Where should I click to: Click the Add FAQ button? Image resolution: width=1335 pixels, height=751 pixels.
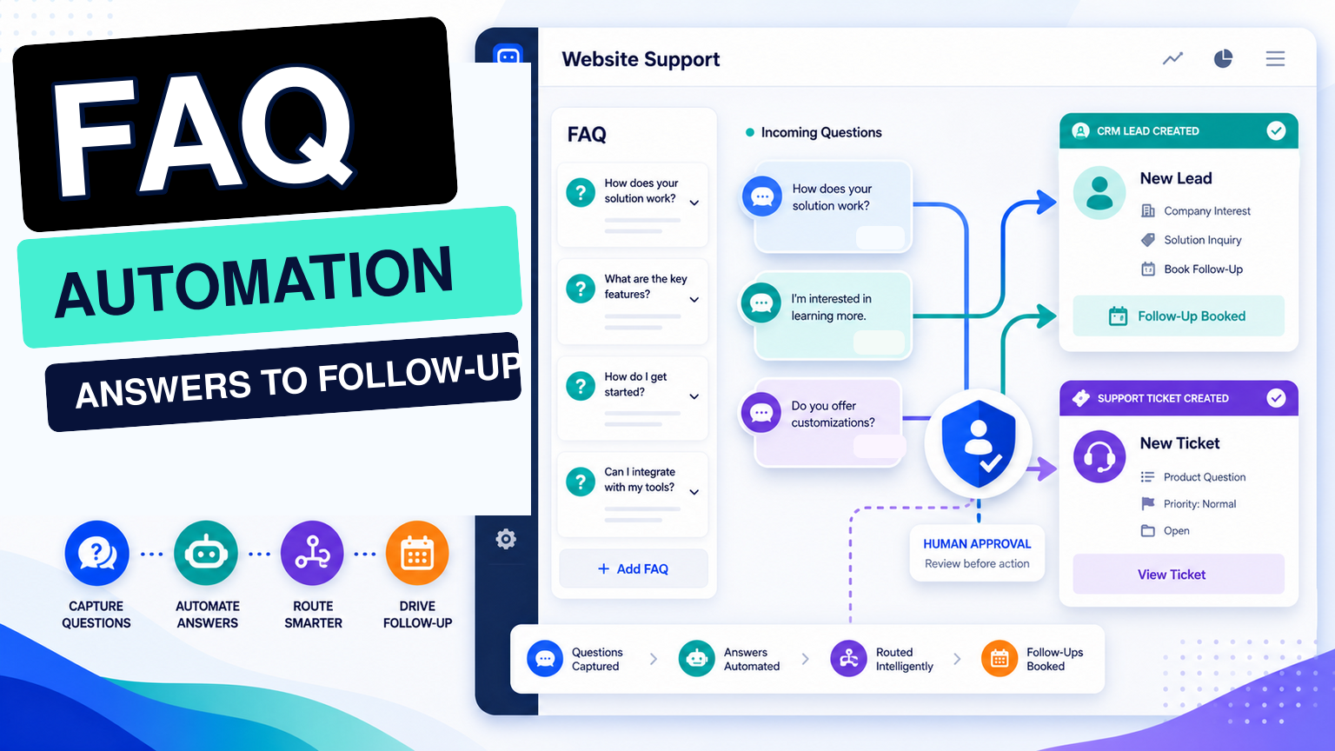pos(633,568)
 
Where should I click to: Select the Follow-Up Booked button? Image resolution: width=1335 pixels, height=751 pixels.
pos(1179,316)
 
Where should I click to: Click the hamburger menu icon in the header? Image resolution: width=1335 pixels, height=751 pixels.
pos(1275,58)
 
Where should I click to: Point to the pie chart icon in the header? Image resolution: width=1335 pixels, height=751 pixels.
pos(1223,58)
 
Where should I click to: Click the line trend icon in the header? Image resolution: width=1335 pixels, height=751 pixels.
pos(1172,58)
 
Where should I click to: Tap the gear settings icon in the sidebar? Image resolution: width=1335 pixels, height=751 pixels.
pos(506,539)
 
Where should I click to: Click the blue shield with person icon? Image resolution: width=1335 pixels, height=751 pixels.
pos(978,443)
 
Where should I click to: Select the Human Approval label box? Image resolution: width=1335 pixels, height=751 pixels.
pos(977,553)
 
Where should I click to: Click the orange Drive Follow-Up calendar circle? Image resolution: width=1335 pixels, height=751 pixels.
pos(417,553)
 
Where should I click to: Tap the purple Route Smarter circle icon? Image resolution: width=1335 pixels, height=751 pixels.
pos(312,553)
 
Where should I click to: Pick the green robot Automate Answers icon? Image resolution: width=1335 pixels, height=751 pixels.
pos(206,553)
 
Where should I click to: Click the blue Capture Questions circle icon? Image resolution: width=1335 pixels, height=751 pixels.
pos(96,553)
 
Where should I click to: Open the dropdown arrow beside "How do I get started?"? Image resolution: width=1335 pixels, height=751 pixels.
pos(694,396)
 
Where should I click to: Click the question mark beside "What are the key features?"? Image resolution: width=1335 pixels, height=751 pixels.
pos(581,289)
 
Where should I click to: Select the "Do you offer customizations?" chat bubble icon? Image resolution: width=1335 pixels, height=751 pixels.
pos(761,413)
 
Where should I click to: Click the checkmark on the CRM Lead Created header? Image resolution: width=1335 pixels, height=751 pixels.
pos(1276,130)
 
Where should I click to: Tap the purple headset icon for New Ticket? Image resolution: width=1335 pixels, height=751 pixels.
pos(1099,456)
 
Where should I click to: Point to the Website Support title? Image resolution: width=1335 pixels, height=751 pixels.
pos(641,59)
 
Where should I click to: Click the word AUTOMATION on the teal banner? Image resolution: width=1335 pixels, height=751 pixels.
pos(253,282)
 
